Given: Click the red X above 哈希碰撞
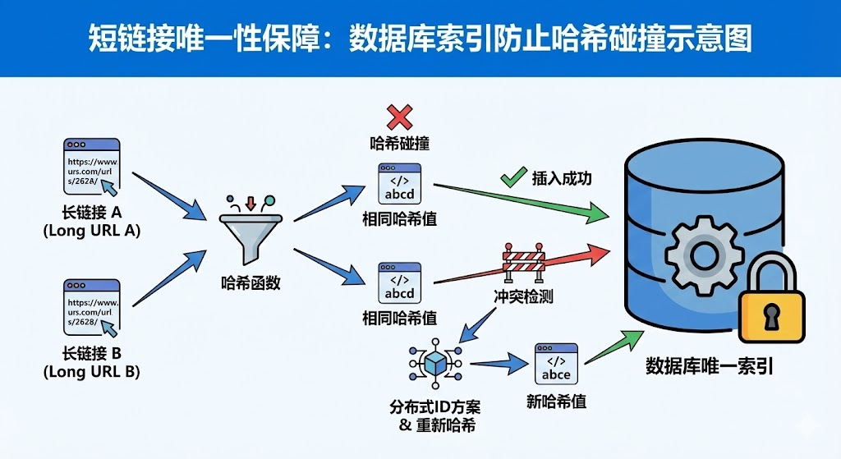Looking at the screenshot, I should click(399, 117).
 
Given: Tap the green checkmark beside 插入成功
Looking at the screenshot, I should click(514, 177).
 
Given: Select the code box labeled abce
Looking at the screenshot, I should click(556, 365).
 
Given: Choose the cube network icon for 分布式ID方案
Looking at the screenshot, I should click(435, 362).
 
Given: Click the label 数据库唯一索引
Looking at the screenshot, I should click(710, 366).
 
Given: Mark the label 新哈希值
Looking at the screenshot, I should click(556, 402).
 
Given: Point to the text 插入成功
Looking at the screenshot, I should click(562, 178).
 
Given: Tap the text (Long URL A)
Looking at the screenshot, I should click(91, 231).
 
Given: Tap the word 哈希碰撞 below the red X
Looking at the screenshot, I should click(400, 144).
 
